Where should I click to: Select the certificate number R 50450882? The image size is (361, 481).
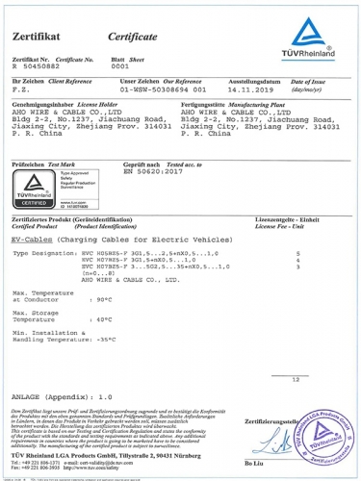[x=36, y=68]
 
